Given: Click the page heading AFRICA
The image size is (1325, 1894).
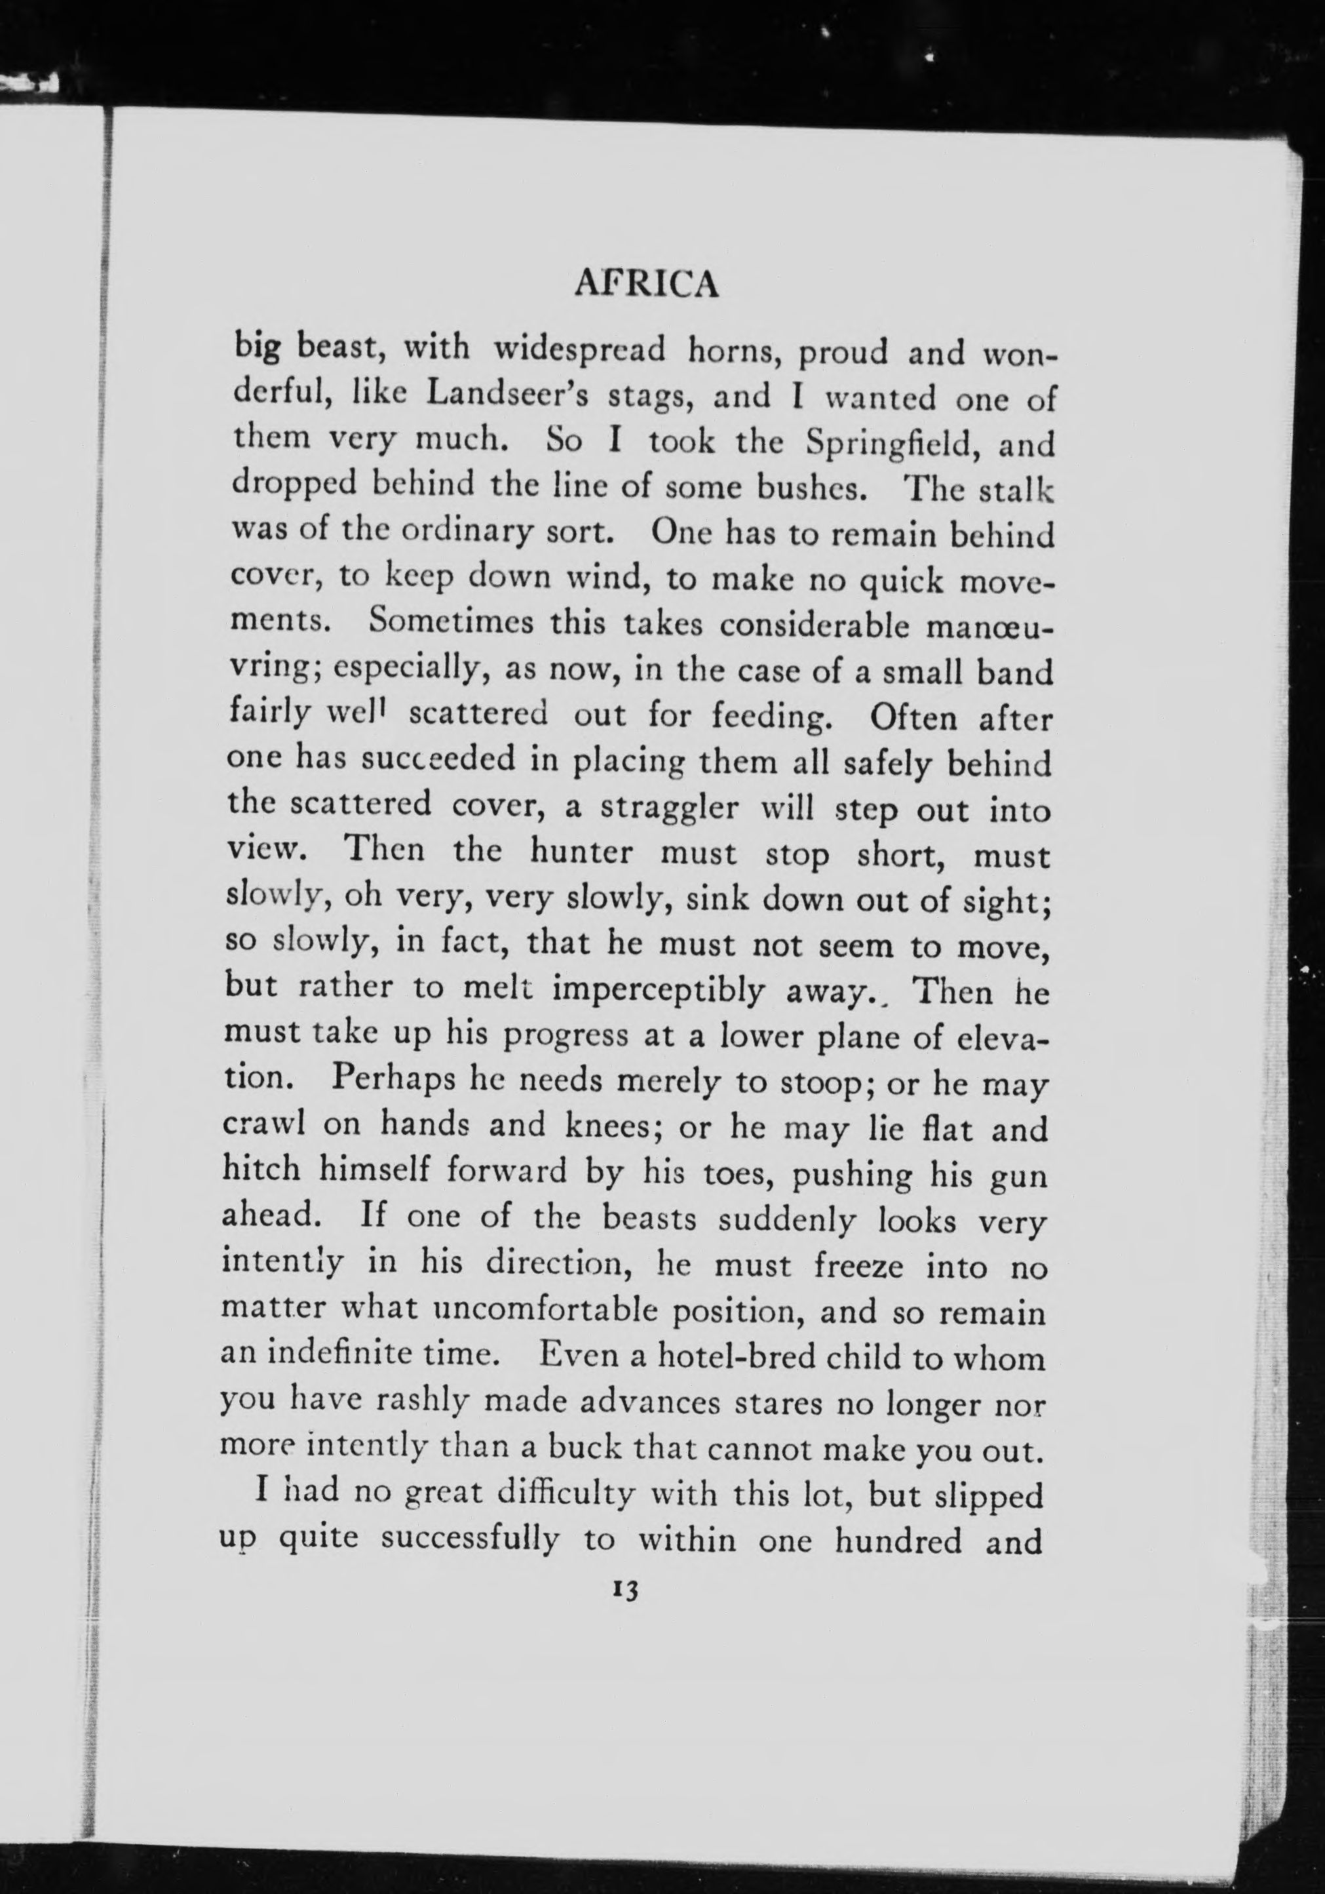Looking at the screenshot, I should coord(646,285).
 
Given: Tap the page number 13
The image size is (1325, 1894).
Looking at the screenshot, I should coord(623,1590).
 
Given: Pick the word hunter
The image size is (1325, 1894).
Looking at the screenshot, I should coord(581,852).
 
